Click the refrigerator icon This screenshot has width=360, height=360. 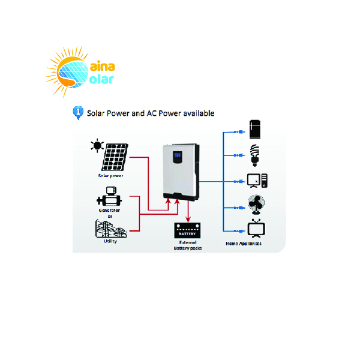point(255,129)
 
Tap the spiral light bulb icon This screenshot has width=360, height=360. point(254,155)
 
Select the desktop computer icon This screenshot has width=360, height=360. point(257,181)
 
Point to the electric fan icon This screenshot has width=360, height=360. point(256,205)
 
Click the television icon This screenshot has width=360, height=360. point(256,229)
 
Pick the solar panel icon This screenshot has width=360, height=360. point(115,157)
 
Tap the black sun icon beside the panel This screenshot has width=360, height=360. point(97,146)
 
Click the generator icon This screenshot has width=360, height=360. point(109,197)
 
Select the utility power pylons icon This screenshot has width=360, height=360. point(111,229)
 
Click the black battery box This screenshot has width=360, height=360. point(187,230)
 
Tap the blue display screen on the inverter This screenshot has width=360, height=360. point(178,155)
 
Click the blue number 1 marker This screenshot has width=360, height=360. point(78,113)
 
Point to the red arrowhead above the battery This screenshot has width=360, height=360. point(188,219)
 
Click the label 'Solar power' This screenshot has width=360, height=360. point(110,176)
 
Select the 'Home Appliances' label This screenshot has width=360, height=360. point(244,244)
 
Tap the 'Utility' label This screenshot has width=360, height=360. point(110,241)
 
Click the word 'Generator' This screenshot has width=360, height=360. point(109,210)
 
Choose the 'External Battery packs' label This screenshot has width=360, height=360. point(188,245)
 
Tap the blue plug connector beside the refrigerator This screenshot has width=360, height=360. point(239,132)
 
